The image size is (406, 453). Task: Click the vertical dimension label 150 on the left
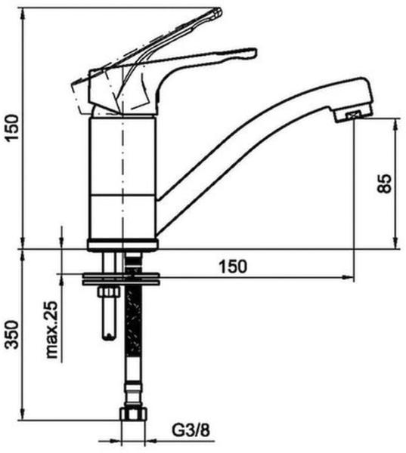tap(12, 128)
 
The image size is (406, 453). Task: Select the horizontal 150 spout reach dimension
tap(233, 267)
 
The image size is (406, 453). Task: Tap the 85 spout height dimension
tap(385, 183)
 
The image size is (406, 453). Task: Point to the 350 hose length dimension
tap(12, 334)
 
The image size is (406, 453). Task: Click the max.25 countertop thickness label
tap(52, 330)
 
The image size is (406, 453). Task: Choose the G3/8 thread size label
tap(191, 431)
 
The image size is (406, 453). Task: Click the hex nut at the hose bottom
tap(133, 414)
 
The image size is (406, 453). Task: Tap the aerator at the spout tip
tap(355, 116)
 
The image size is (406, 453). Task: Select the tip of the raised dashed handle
tap(218, 12)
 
